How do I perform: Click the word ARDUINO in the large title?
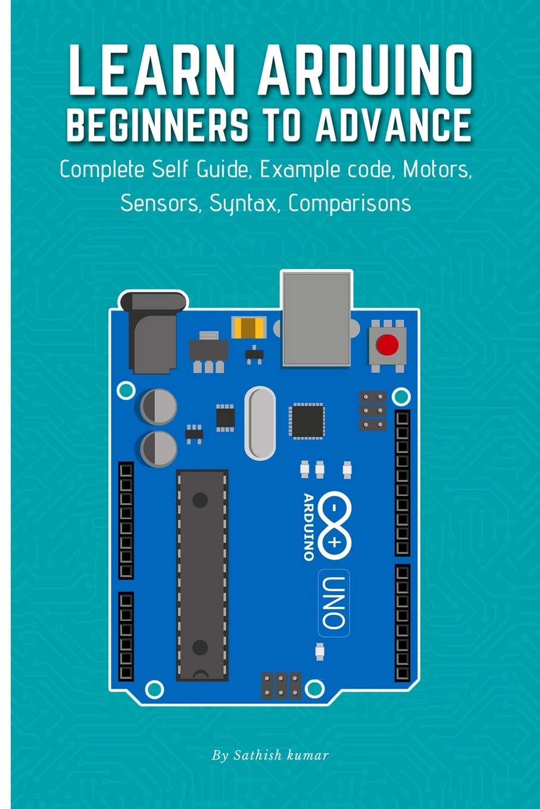click(x=364, y=69)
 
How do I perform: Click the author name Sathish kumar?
click(x=270, y=756)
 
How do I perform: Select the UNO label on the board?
click(x=334, y=602)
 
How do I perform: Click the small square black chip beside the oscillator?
click(x=307, y=421)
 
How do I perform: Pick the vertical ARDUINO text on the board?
click(x=308, y=526)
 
